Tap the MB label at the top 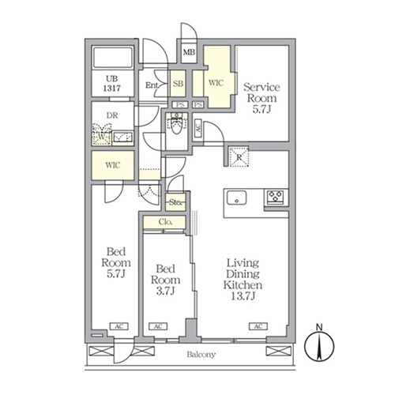[190, 54]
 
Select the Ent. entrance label [152, 85]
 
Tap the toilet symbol [177, 126]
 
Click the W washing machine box [102, 138]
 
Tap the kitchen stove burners [276, 197]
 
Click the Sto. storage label [175, 204]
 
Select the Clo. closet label [166, 224]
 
